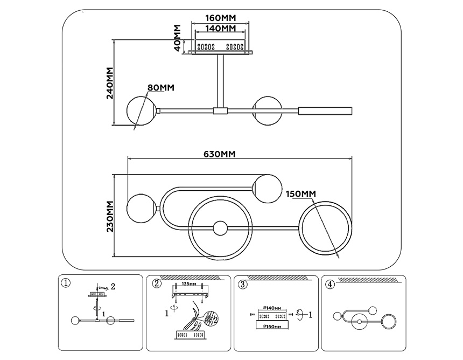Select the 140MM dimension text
[x=221, y=28]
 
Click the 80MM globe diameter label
[x=160, y=87]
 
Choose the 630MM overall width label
[x=220, y=154]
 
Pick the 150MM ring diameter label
[x=300, y=194]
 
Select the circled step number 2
[x=157, y=283]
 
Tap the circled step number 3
[x=243, y=283]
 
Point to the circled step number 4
[x=330, y=283]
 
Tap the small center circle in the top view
[x=220, y=229]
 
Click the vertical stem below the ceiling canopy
[x=220, y=81]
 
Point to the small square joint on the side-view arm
[x=220, y=111]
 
